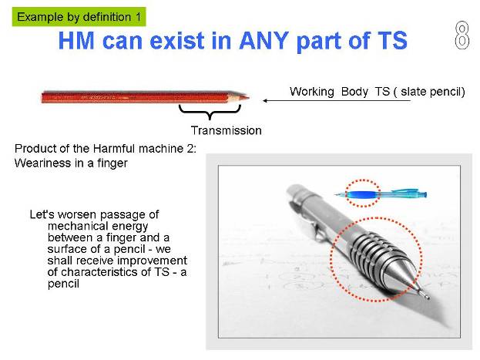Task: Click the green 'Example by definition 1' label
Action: point(79,17)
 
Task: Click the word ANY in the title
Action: point(263,41)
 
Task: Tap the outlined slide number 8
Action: point(462,35)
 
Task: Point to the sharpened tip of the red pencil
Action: point(249,98)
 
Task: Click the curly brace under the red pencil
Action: point(210,112)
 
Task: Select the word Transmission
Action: point(227,130)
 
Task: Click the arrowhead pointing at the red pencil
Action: point(265,100)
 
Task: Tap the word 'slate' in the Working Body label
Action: point(414,92)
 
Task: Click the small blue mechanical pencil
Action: point(381,194)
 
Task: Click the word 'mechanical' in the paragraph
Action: point(98,226)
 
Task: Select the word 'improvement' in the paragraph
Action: point(152,261)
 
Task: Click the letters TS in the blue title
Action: point(392,41)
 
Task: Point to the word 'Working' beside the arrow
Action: point(311,92)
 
